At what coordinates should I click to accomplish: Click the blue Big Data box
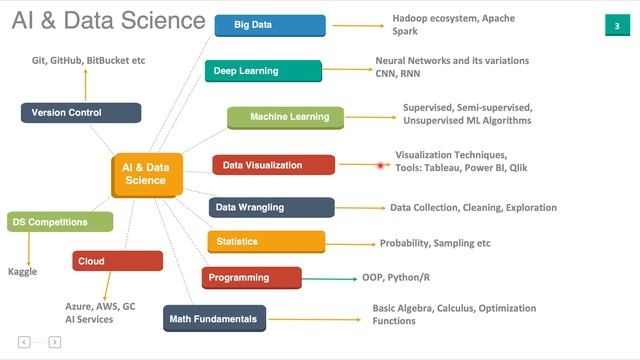point(256,25)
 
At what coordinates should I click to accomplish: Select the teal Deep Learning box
point(264,71)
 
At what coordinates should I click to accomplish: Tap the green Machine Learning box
point(285,118)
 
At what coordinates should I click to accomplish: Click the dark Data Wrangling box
point(271,208)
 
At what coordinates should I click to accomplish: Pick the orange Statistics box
point(266,242)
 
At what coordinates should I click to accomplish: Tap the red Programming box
point(251,278)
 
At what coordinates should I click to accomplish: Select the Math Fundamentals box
point(215,319)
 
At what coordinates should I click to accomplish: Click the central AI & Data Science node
point(146,174)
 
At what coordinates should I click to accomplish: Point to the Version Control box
point(80,113)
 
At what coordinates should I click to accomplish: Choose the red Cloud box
point(117,261)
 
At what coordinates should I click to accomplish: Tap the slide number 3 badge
point(616,25)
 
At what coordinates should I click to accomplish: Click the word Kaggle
point(23,271)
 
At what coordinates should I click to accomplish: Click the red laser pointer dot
point(381,165)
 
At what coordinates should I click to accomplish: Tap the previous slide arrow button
point(24,342)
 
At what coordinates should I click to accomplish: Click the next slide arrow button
point(55,342)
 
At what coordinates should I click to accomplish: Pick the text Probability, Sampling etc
point(435,243)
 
